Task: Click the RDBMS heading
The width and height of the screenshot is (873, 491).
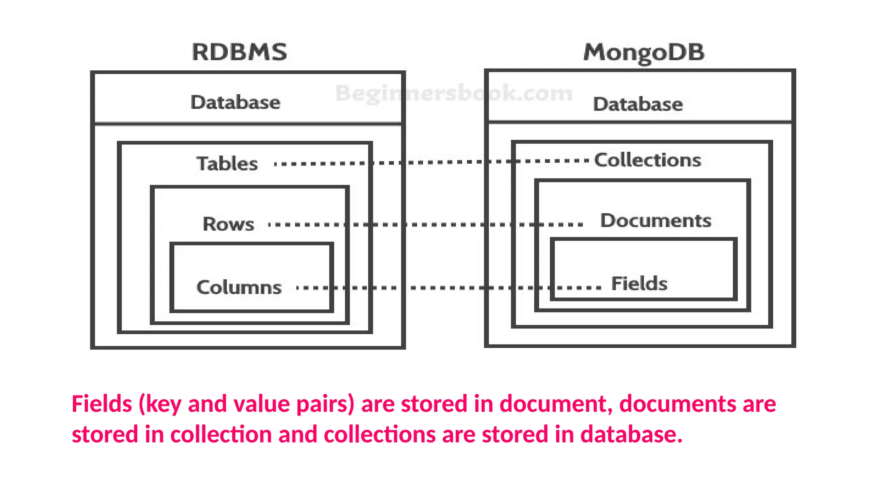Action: [239, 52]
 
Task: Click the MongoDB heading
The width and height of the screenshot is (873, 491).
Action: [644, 52]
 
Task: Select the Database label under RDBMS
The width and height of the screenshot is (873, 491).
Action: [235, 102]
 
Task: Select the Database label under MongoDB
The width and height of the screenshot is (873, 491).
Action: [638, 104]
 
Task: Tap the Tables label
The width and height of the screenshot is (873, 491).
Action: [227, 164]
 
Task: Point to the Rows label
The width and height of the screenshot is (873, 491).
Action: [228, 224]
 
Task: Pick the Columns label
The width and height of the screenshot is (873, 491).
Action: [239, 287]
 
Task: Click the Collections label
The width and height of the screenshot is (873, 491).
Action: [648, 160]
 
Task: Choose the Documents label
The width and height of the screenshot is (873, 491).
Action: [656, 221]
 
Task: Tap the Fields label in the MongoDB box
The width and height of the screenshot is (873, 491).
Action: [639, 283]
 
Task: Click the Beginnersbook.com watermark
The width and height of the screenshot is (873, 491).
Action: [454, 93]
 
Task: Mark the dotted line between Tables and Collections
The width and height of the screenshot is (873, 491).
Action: [431, 162]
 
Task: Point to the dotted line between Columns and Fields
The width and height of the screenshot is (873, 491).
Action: [448, 288]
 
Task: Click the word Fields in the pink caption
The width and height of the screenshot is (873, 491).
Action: [101, 404]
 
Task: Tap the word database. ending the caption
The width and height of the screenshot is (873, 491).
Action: [631, 434]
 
